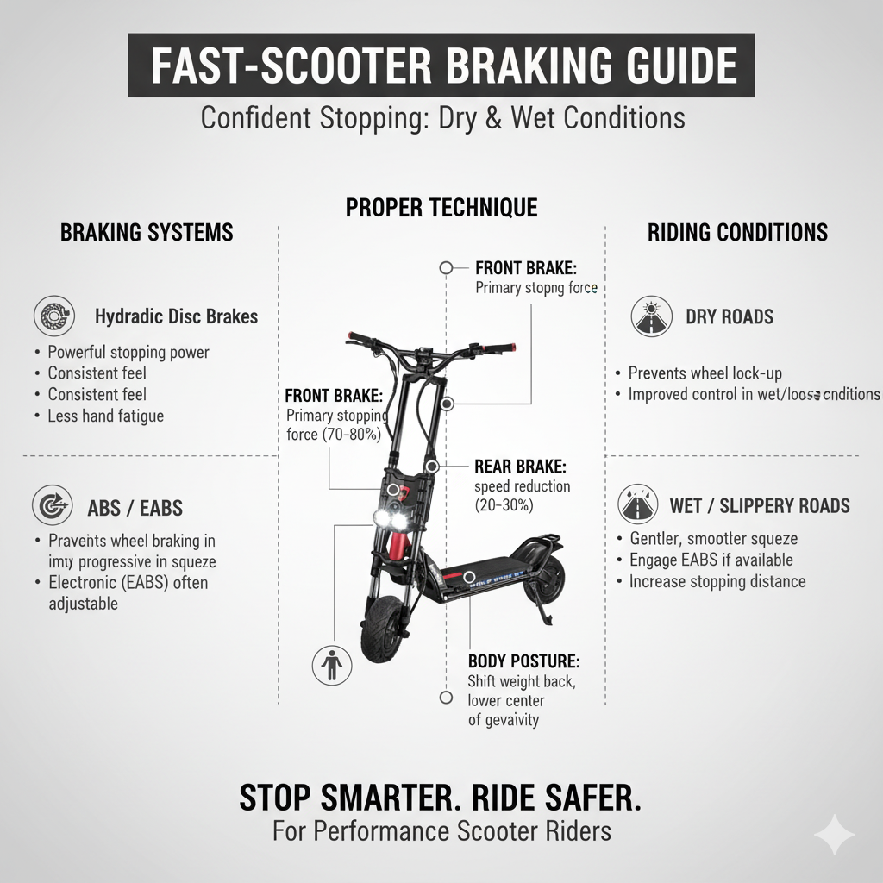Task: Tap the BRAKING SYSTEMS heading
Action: (147, 232)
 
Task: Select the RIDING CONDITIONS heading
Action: (737, 232)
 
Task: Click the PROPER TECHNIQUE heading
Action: (441, 208)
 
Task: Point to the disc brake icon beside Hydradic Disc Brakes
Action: (53, 316)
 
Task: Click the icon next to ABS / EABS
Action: (51, 506)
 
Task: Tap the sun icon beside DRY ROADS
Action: (651, 316)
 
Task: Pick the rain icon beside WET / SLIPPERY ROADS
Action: (639, 504)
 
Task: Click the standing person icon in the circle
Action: (331, 667)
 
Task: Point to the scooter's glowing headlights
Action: (390, 518)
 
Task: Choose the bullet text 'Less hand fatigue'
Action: (105, 416)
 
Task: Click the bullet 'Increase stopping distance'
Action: (717, 581)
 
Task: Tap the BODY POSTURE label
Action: (523, 661)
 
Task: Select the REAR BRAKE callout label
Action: (520, 467)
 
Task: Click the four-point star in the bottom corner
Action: (835, 835)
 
